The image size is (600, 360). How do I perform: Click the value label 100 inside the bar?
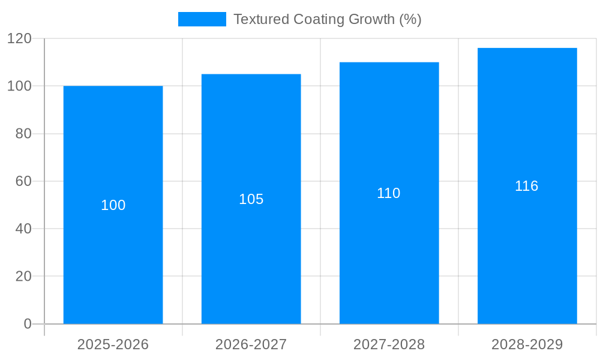pos(113,205)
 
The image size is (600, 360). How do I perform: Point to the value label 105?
pos(251,199)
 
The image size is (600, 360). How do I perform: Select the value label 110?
pos(389,193)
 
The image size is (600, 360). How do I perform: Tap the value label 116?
pos(527,186)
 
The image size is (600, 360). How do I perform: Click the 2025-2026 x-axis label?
pos(113,344)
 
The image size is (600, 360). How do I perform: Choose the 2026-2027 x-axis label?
pos(251,344)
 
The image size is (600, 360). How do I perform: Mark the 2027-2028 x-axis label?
pos(389,344)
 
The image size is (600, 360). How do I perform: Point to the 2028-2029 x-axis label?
pos(527,344)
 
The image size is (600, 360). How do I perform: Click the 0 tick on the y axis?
pos(28,324)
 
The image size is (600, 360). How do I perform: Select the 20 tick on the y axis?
pos(23,277)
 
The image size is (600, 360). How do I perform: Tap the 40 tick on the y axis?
pos(23,229)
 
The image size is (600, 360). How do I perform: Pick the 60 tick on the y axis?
pos(23,181)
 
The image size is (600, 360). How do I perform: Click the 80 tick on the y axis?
pos(23,134)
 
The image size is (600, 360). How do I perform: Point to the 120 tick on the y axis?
pos(19,38)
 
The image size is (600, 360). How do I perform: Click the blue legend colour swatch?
pos(202,19)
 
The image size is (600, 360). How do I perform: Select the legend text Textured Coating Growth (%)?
pos(327,19)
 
